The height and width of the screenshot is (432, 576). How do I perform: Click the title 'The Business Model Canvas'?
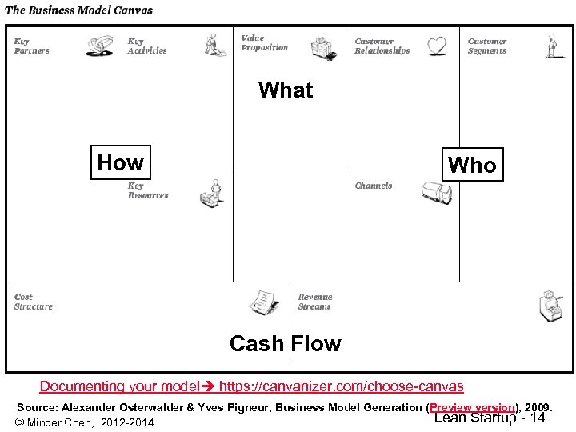tap(78, 10)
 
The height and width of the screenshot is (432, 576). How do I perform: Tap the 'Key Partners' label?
tap(32, 46)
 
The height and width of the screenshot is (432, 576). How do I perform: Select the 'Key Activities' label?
tap(147, 46)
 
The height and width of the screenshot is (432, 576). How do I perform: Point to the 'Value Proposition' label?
tap(264, 43)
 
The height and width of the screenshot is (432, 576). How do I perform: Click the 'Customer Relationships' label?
tap(382, 46)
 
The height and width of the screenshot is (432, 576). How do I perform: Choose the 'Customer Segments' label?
tap(487, 46)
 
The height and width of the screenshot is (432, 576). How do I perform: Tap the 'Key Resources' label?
tap(148, 190)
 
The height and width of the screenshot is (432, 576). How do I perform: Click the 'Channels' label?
tap(374, 186)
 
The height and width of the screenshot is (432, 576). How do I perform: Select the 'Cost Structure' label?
tap(34, 302)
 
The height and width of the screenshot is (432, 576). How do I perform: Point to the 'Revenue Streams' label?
tap(314, 302)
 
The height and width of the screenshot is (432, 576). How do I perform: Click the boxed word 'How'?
tap(120, 163)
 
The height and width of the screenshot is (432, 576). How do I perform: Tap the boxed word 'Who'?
tap(472, 166)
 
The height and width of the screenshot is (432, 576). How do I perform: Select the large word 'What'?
tap(286, 90)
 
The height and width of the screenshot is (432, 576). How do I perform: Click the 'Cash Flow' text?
tap(285, 344)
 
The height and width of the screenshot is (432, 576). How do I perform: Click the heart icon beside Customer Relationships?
tap(436, 46)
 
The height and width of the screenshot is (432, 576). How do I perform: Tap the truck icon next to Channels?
tap(436, 192)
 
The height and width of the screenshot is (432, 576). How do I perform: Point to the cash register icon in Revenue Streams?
tap(552, 303)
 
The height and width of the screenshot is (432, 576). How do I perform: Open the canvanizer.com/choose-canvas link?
tap(341, 386)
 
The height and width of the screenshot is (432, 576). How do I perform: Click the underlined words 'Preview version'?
tap(471, 407)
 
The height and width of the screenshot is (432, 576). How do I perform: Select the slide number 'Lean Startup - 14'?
tap(490, 418)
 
